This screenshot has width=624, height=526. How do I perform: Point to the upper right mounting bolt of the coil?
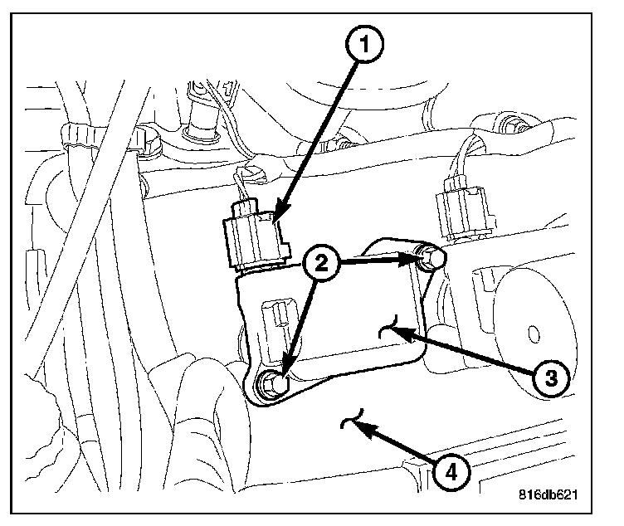tap(430, 261)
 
